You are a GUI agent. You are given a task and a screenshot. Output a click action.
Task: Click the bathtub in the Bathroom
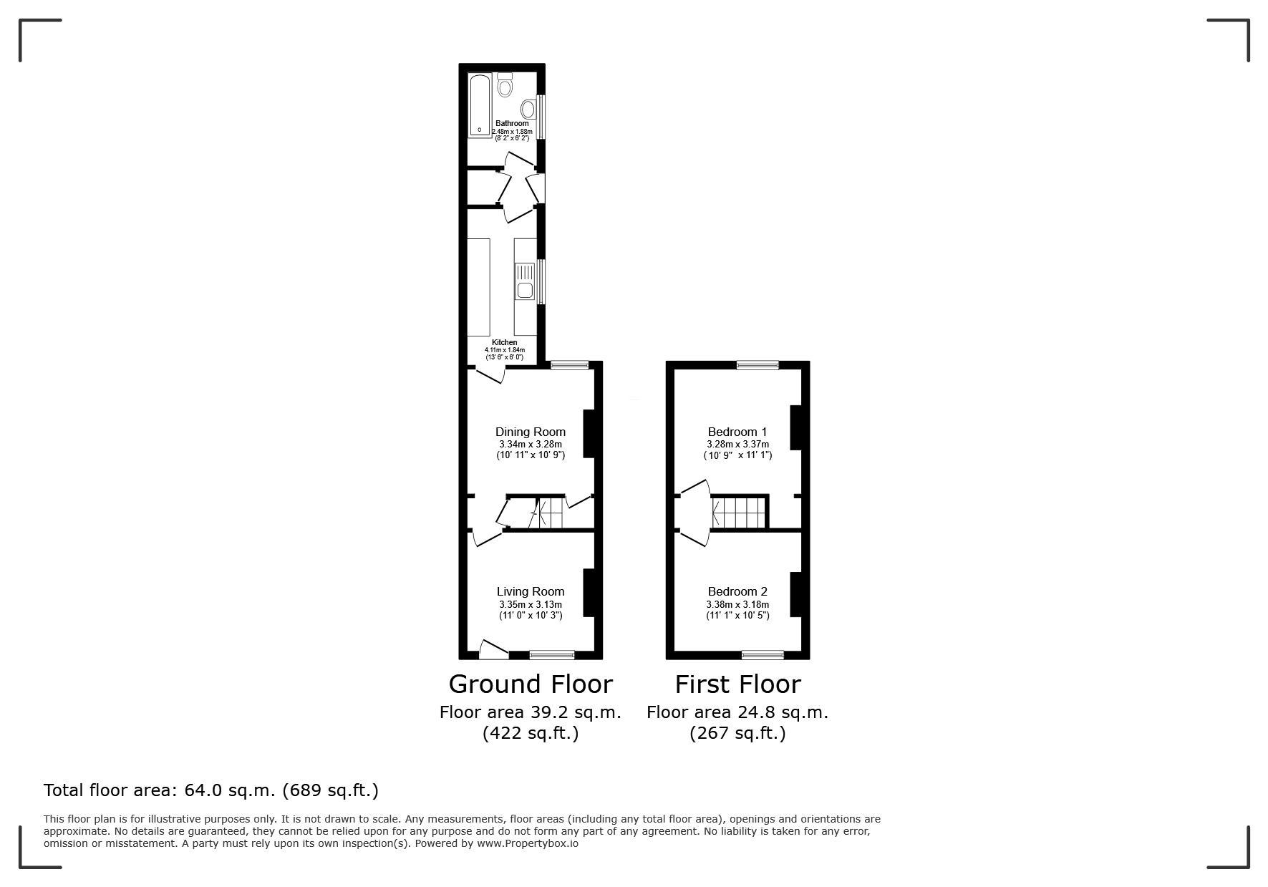[x=480, y=105]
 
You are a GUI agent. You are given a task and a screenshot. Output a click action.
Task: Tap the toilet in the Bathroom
[x=505, y=84]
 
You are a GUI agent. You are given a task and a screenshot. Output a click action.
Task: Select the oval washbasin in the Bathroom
[x=528, y=109]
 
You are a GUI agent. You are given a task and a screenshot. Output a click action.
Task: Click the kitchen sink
[x=525, y=281]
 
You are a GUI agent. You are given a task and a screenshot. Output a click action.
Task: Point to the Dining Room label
[x=531, y=432]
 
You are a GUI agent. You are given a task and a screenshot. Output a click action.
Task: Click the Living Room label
[x=531, y=591]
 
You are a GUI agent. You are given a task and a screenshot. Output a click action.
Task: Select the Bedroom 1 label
[x=737, y=432]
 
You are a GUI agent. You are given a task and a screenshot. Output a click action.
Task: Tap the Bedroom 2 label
[x=737, y=591]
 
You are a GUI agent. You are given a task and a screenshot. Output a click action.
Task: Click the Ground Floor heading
[x=531, y=684]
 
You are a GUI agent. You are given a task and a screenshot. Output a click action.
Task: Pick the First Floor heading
[x=737, y=684]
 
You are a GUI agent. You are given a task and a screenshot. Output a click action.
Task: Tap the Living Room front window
[x=552, y=654]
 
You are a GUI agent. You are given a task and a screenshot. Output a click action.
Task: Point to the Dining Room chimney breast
[x=589, y=433]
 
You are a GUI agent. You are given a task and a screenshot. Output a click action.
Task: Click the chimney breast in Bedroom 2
[x=795, y=593]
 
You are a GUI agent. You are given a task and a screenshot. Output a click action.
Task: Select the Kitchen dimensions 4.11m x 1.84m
[x=505, y=350]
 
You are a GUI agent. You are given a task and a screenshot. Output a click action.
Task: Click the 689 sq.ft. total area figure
[x=331, y=790]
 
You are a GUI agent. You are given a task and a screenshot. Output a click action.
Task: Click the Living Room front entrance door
[x=493, y=649]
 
